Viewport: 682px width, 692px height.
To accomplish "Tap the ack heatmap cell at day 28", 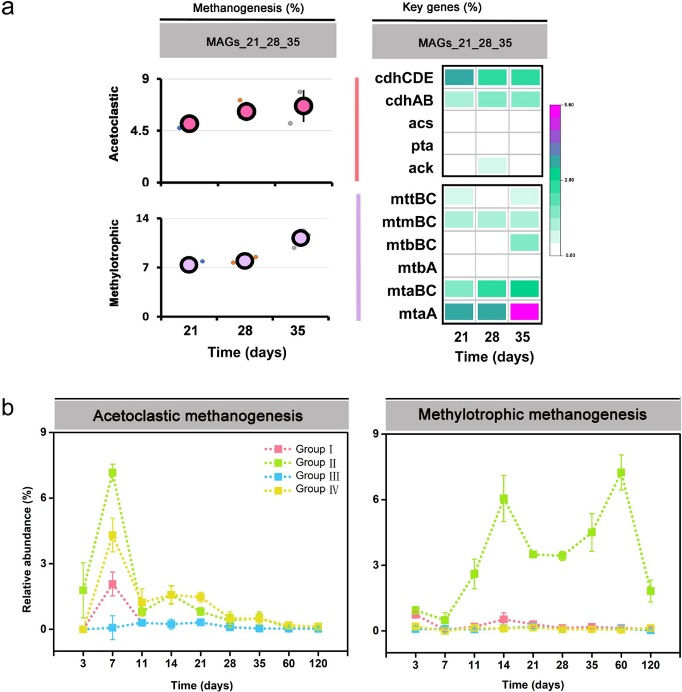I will point(491,165).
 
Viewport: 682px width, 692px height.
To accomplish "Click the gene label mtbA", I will point(416,266).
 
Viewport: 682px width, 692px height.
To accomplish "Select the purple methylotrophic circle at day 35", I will point(301,238).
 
